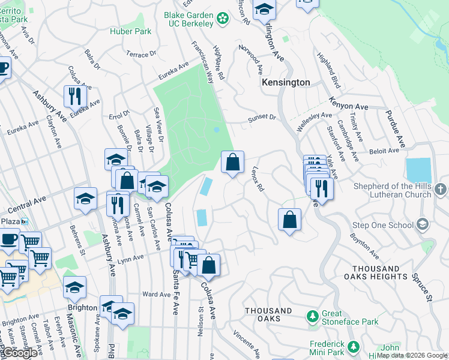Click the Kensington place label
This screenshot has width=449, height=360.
pyautogui.click(x=286, y=82)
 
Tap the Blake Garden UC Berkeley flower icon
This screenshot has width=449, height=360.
pyautogui.click(x=223, y=19)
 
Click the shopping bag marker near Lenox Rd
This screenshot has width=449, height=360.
pyautogui.click(x=233, y=162)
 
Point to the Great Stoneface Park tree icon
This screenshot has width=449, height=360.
pyautogui.click(x=312, y=316)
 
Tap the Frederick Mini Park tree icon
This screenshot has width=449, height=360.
pyautogui.click(x=354, y=346)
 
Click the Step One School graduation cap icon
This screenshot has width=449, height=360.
pyautogui.click(x=423, y=224)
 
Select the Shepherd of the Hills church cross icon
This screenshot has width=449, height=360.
pyautogui.click(x=441, y=190)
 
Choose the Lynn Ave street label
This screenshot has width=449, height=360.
pyautogui.click(x=131, y=258)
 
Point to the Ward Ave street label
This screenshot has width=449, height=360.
pyautogui.click(x=157, y=294)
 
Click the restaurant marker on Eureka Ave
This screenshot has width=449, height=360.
pyautogui.click(x=75, y=96)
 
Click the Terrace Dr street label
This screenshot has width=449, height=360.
pyautogui.click(x=140, y=54)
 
